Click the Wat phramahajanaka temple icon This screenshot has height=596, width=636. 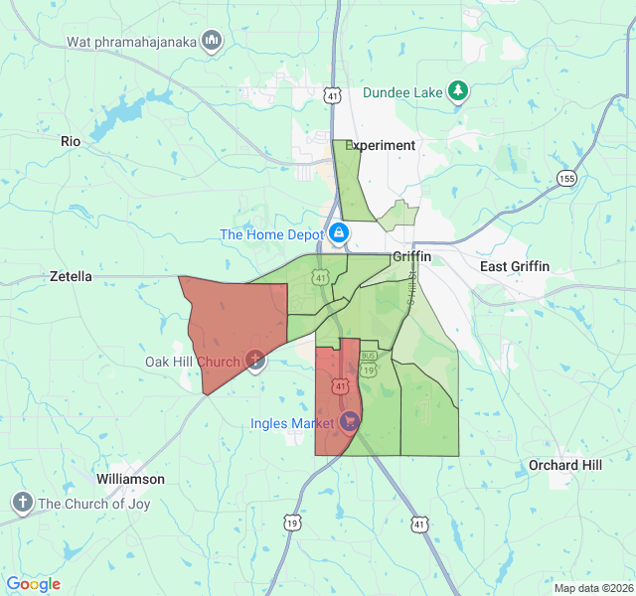coord(211,41)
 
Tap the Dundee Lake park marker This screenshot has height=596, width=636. coord(458,91)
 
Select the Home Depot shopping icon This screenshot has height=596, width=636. coord(339,234)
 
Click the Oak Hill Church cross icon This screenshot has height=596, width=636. coord(255,361)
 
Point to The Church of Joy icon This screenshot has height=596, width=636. coord(23,503)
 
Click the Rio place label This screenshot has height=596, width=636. coord(71,141)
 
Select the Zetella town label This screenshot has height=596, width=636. coord(71,276)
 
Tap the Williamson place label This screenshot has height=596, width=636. coord(130,479)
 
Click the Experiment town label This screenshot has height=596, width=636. coord(381,145)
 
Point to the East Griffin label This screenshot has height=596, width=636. coord(514,266)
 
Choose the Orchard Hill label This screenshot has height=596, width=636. coord(564,465)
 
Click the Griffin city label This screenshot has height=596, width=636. coord(411,256)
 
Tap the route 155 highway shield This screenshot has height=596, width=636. coord(566,178)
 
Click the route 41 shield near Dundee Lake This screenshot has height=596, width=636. coord(333,95)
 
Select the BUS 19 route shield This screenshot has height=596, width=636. coord(368,364)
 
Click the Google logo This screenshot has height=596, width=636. coord(33,584)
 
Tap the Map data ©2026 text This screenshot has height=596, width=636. coord(592,588)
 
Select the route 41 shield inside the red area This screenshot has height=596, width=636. coord(341,384)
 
